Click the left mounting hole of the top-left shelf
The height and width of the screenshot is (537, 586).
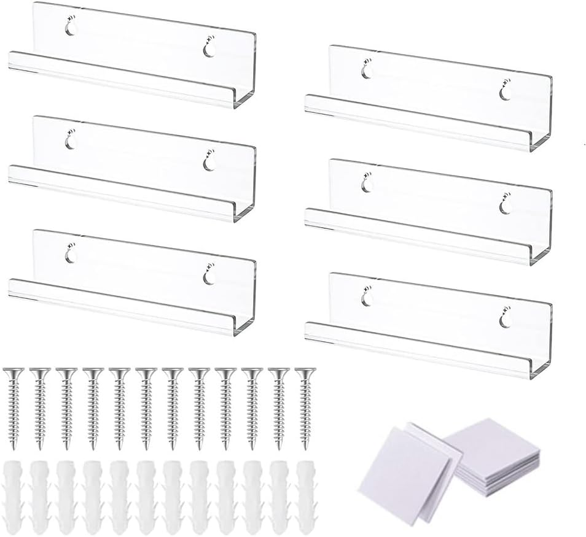tap(71, 28)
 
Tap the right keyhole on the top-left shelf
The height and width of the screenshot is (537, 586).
tap(209, 50)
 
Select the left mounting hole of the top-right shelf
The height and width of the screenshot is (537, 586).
tap(367, 71)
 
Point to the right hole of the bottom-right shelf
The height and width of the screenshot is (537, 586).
tap(505, 320)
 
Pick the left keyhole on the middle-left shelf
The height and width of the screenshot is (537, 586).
tap(71, 142)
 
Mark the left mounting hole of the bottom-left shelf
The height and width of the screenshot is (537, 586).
tap(71, 255)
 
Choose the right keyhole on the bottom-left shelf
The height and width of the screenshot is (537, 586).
tap(209, 277)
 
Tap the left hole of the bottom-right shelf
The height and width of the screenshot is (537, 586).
tap(367, 298)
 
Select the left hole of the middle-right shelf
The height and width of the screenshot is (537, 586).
tap(367, 185)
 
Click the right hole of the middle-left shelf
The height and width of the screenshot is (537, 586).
tap(209, 163)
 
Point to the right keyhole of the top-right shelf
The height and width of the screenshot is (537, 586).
tap(505, 93)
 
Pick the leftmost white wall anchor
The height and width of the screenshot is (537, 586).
tap(14, 496)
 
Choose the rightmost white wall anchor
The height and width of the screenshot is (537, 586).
tap(305, 496)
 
